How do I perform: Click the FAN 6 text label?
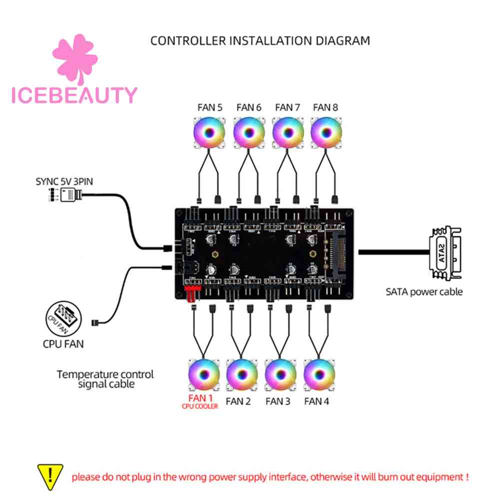point(249,107)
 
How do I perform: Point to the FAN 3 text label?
point(278,401)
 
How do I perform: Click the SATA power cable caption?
point(424,291)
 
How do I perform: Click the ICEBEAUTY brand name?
point(74,95)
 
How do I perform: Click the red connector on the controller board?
point(192,294)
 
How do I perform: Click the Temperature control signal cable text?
point(105,379)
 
